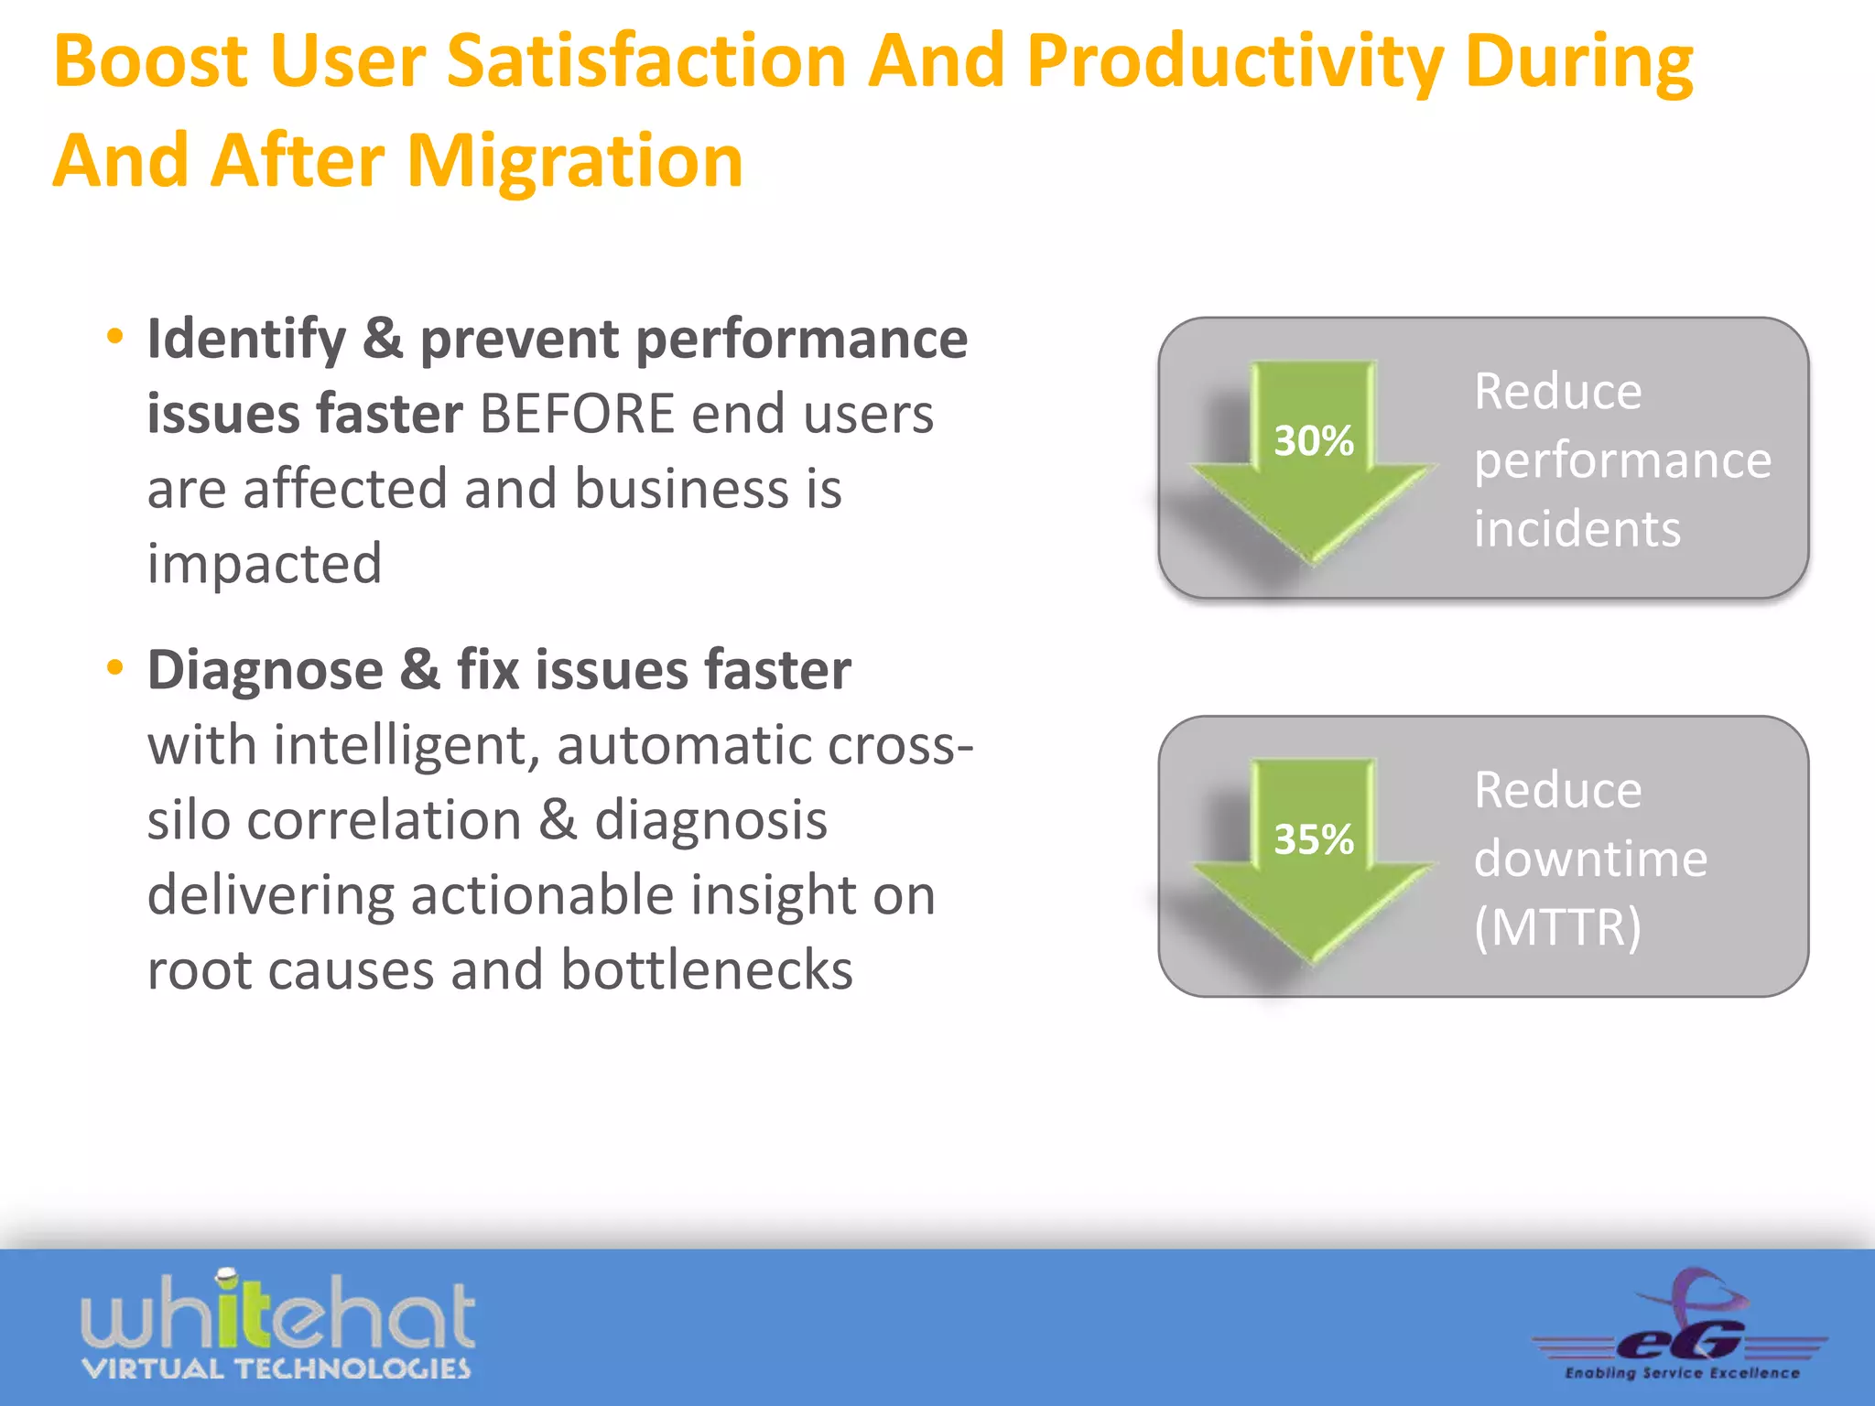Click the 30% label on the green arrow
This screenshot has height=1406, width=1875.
pos(1314,441)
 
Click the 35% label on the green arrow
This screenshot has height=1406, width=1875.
pos(1314,839)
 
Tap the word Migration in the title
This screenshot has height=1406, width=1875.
pos(574,161)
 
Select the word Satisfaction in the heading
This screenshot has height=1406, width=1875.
pos(646,61)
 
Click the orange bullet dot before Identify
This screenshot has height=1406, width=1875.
pos(114,336)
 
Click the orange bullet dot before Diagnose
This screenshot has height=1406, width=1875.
pos(114,667)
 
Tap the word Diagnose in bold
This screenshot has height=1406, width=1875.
pos(266,670)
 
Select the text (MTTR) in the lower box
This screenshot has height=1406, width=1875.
pos(1557,926)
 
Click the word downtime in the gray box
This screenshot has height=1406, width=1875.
pos(1590,859)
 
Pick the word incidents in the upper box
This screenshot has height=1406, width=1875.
pos(1577,529)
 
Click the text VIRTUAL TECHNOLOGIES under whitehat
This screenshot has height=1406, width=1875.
pos(276,1369)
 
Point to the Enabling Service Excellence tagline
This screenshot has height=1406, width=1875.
pos(1682,1373)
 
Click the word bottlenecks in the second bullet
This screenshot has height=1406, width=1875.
pos(706,970)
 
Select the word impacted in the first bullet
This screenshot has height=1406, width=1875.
pos(265,563)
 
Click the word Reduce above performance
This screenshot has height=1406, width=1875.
pos(1557,392)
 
